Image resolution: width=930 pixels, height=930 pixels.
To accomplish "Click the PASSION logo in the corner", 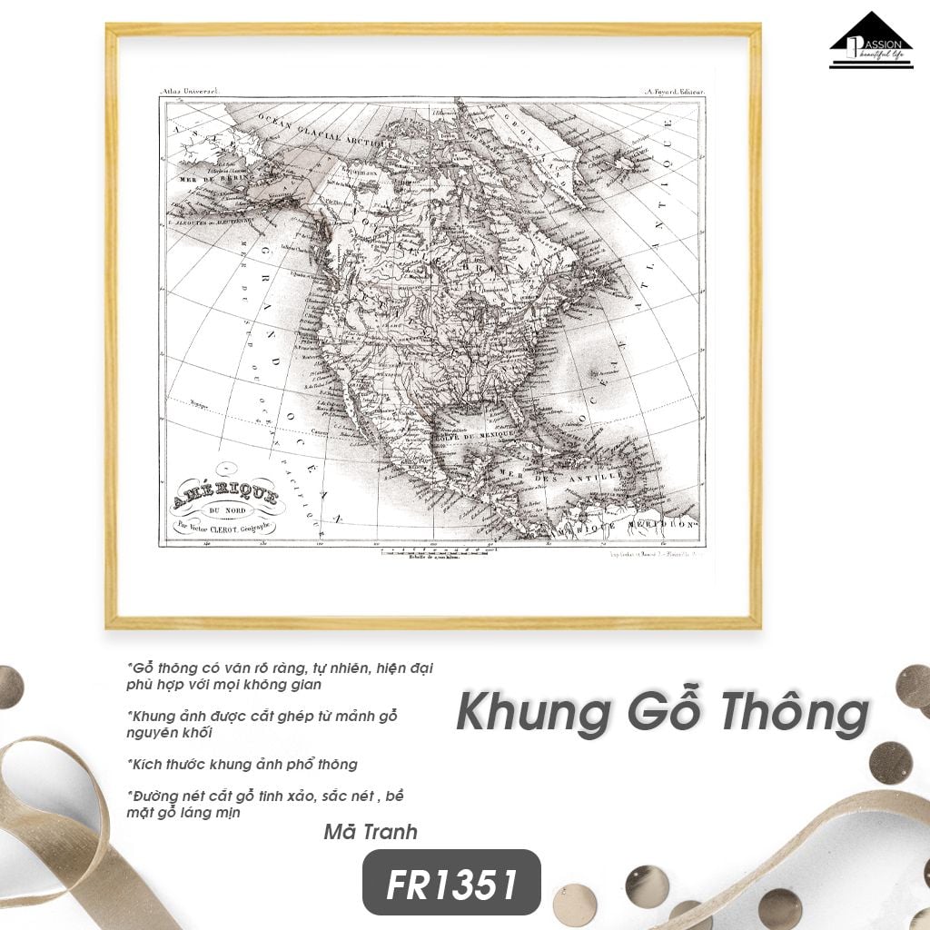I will [870, 41].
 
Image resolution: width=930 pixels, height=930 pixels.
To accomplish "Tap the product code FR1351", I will [451, 883].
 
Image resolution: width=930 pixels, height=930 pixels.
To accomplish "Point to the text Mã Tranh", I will [371, 832].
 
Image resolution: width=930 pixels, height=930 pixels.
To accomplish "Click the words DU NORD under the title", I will [224, 511].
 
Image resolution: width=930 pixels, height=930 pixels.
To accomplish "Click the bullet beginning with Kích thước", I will [242, 764].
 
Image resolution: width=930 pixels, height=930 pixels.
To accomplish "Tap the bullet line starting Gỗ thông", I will [281, 668].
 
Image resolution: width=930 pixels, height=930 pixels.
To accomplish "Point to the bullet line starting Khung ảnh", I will [263, 717].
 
